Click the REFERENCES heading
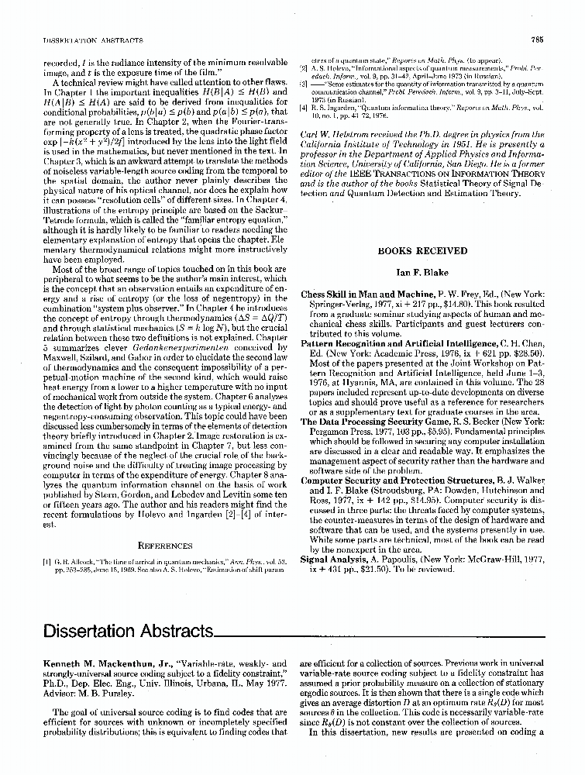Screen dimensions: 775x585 coord(160,545)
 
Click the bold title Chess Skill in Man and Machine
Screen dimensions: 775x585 coord(360,294)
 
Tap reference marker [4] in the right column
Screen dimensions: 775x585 coord(305,108)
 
